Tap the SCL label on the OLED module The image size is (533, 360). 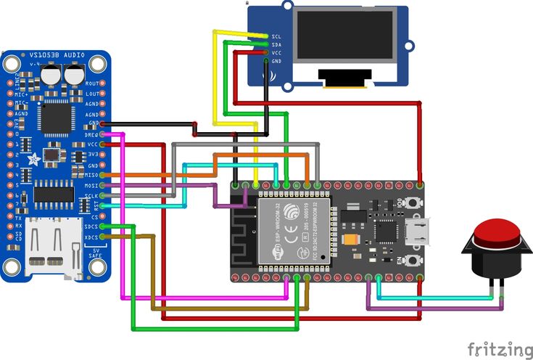[x=276, y=36]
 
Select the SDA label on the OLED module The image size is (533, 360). [x=276, y=44]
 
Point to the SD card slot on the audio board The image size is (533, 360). [x=53, y=247]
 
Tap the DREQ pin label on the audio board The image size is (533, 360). [x=92, y=135]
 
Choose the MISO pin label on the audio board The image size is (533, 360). [x=92, y=175]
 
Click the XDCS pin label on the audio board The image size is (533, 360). [x=92, y=237]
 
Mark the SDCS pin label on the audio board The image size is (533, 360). [x=92, y=227]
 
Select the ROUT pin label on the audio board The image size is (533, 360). [x=92, y=84]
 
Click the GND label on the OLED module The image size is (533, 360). [x=276, y=62]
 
